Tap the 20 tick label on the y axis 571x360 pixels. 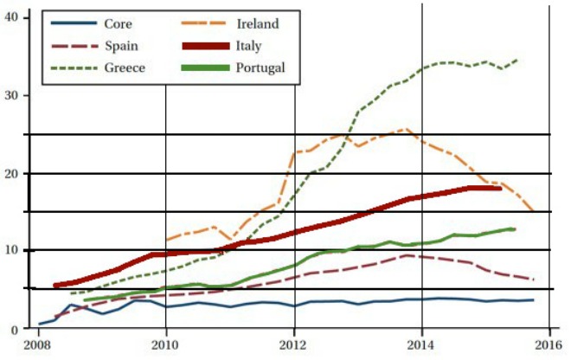pyautogui.click(x=11, y=173)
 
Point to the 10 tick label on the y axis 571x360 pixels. pyautogui.click(x=11, y=251)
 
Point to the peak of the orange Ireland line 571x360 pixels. pyautogui.click(x=407, y=129)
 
